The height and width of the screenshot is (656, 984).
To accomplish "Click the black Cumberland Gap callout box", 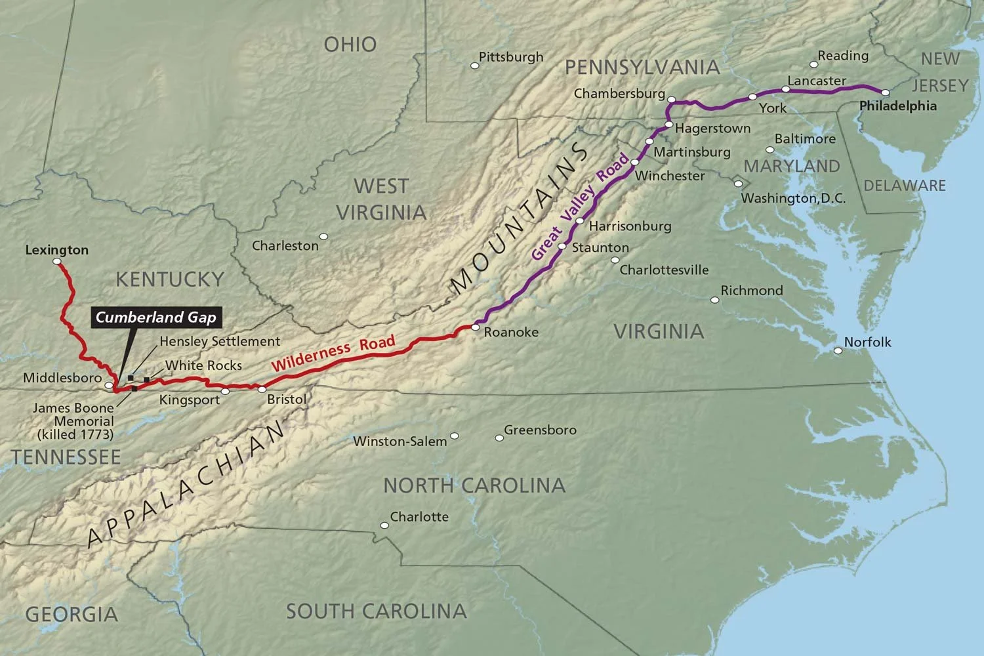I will tap(155, 318).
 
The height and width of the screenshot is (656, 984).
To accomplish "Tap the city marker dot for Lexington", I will tap(57, 262).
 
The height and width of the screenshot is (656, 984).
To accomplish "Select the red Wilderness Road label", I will tap(333, 353).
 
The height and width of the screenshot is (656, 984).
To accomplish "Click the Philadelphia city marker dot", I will tap(885, 93).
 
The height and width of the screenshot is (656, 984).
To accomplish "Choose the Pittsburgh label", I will tap(511, 57).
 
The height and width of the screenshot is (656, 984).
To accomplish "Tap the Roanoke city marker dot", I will tap(475, 327).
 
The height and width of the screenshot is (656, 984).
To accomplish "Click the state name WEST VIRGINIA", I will tap(381, 199).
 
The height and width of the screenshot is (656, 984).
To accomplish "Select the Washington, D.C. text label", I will tap(793, 198).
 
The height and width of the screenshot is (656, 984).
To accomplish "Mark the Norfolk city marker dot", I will tap(838, 351).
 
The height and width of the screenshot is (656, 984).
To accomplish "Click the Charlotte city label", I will tap(419, 517).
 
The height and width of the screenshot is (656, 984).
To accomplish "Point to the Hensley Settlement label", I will tap(220, 341).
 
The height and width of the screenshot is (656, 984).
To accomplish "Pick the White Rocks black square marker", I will tap(146, 379).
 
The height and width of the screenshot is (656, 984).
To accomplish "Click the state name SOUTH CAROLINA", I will tap(376, 611).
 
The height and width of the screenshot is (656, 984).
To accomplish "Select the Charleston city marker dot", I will tap(323, 237).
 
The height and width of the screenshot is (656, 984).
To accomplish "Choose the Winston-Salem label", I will tap(400, 441).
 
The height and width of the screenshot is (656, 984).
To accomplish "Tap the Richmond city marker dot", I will tap(715, 300).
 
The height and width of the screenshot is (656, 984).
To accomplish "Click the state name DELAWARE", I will tap(905, 186).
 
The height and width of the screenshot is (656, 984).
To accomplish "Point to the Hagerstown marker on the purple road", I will tap(668, 125).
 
